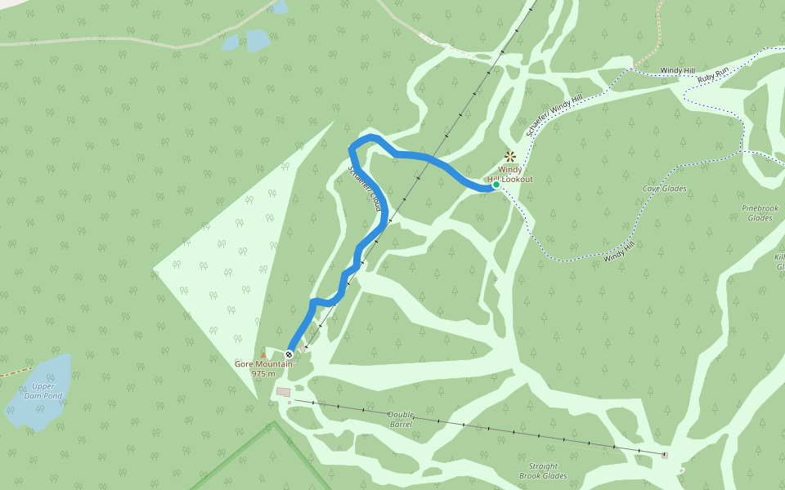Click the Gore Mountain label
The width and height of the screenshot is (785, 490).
(262, 364)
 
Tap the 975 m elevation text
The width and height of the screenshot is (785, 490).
(262, 374)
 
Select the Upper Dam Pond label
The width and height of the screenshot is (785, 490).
(43, 391)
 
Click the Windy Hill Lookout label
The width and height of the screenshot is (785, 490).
(510, 175)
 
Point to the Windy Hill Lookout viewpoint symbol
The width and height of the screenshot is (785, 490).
(510, 155)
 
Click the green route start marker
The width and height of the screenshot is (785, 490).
(496, 185)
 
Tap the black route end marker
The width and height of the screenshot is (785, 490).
(289, 354)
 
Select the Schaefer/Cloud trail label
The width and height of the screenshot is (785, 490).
(366, 189)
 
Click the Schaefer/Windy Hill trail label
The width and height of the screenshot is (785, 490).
(554, 115)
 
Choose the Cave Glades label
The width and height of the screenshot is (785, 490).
(664, 189)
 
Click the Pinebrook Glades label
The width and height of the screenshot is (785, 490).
(760, 213)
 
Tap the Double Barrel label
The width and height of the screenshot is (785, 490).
(401, 420)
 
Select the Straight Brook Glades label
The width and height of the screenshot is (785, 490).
(543, 471)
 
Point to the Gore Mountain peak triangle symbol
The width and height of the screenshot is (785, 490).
(262, 355)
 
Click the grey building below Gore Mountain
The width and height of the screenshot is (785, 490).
(283, 392)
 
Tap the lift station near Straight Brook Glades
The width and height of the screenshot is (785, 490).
(665, 455)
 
